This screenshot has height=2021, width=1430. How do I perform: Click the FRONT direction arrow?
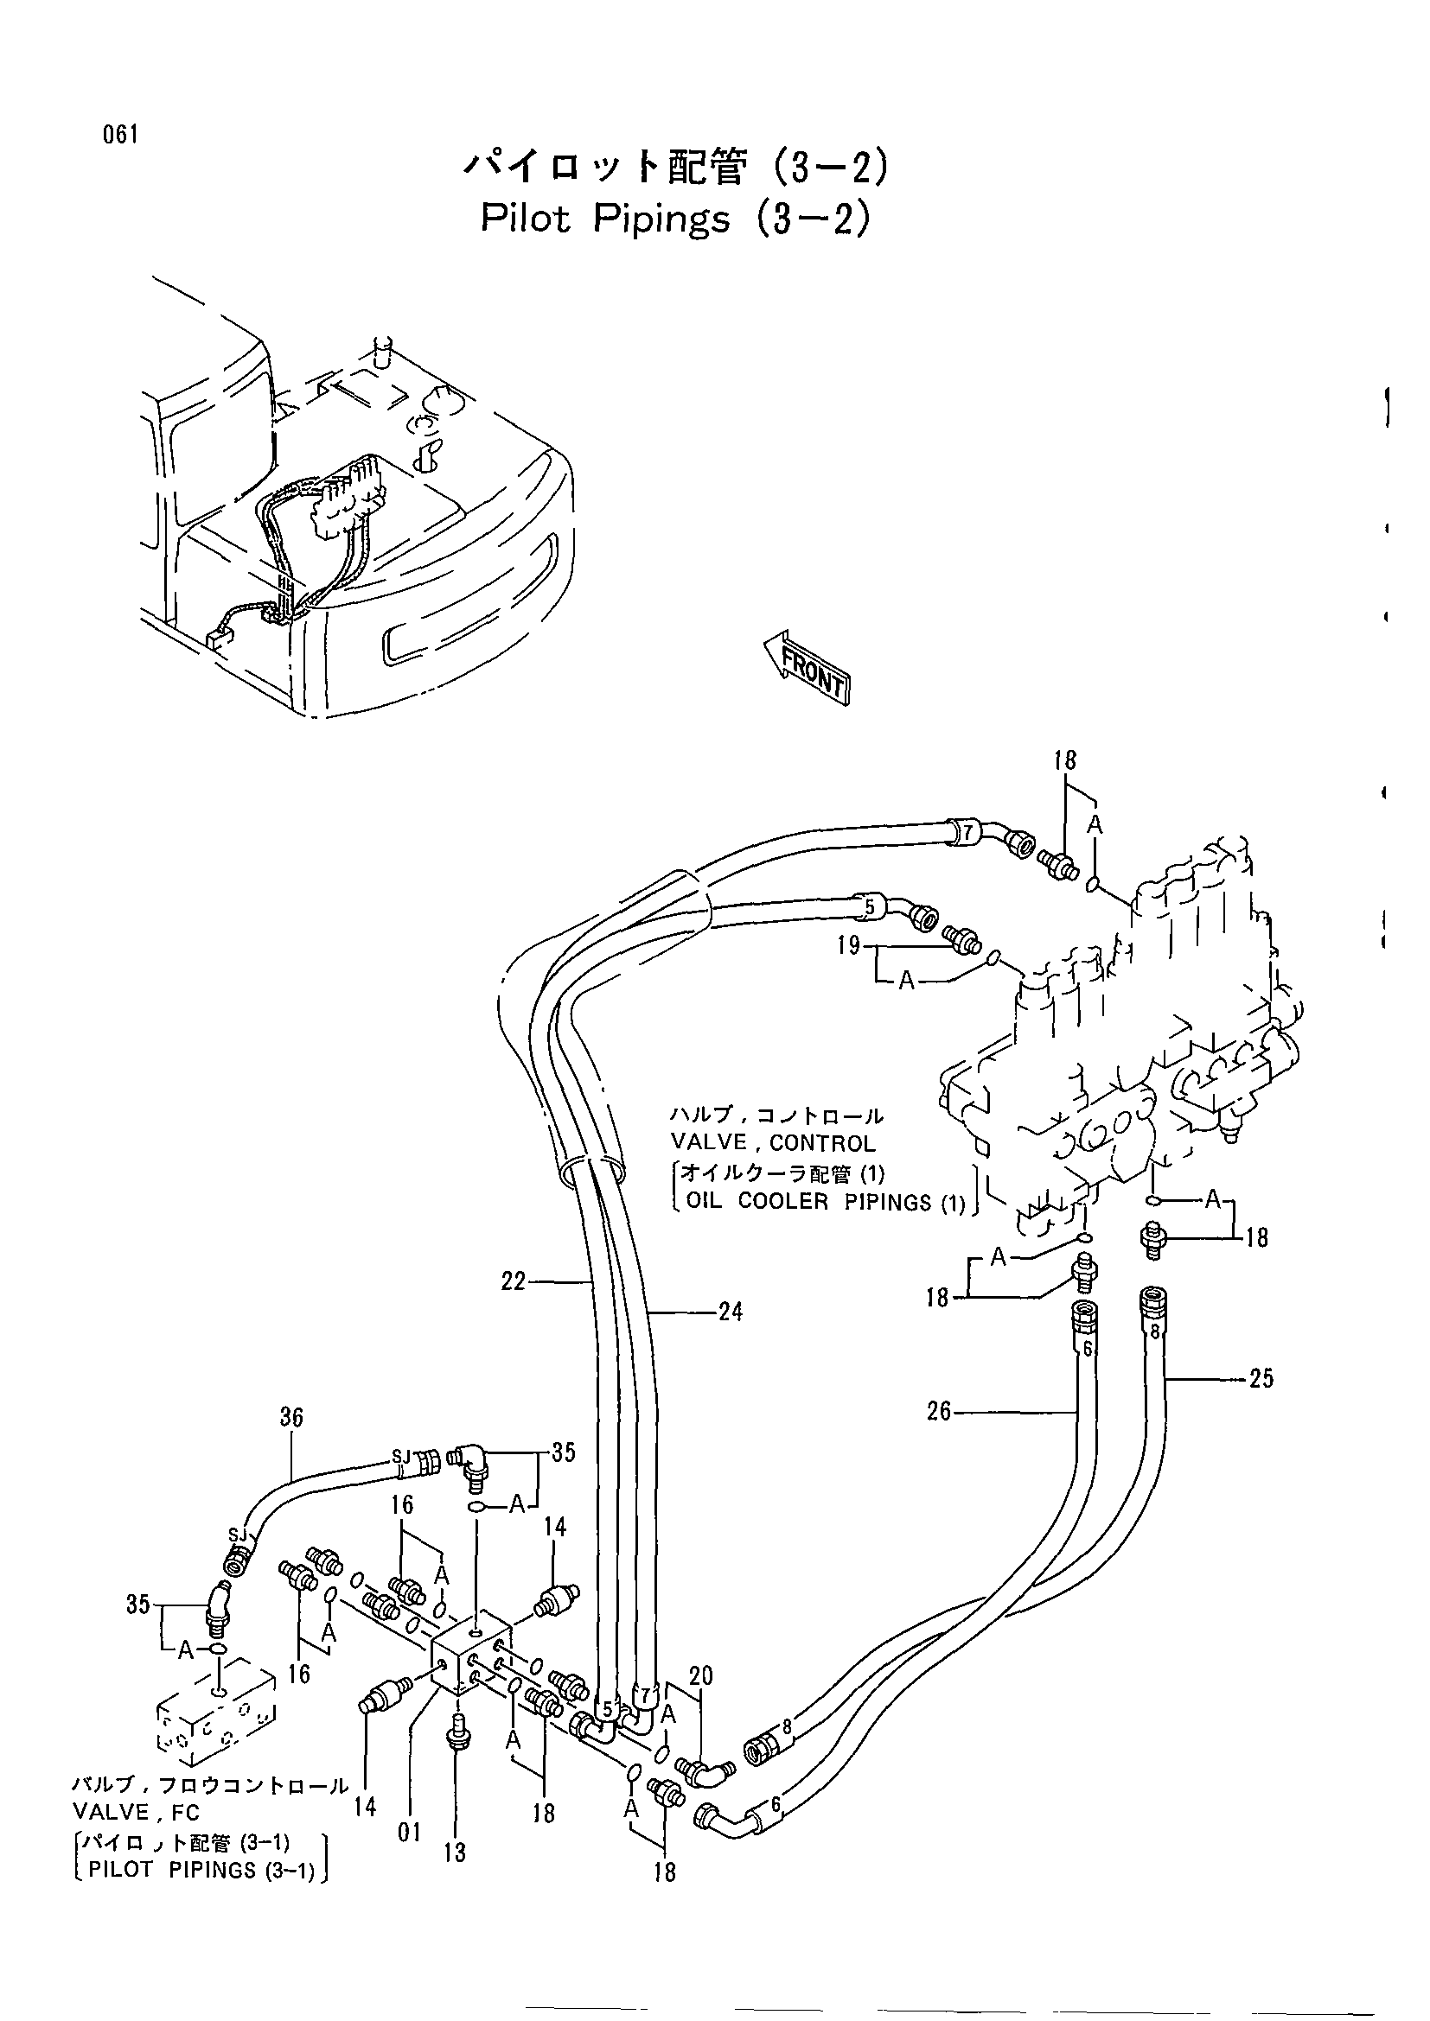[x=807, y=668]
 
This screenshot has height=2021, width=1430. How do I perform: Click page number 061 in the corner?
[x=121, y=135]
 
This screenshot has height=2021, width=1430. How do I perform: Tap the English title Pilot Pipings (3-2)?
[x=675, y=219]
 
